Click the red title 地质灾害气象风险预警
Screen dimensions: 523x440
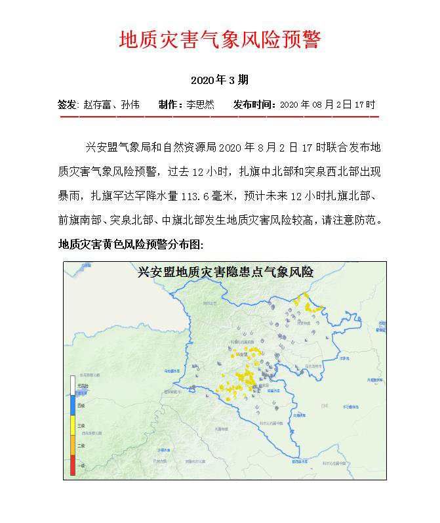pyautogui.click(x=220, y=40)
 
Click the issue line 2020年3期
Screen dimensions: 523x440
pyautogui.click(x=220, y=81)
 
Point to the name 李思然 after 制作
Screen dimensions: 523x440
pyautogui.click(x=200, y=104)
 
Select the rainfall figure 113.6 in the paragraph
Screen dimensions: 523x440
pyautogui.click(x=203, y=196)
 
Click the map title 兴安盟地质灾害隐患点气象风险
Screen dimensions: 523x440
pyautogui.click(x=225, y=272)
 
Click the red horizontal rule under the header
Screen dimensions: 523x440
pyautogui.click(x=220, y=117)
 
